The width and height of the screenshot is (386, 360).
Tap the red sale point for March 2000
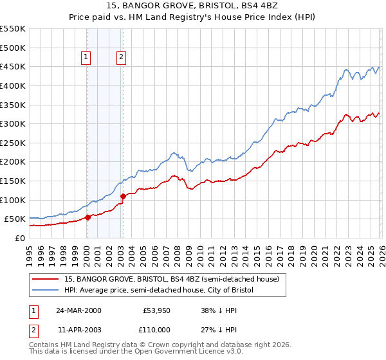pos(88,217)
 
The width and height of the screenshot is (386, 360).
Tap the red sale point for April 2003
pos(123,196)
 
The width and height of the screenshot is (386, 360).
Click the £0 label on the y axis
pos(19,238)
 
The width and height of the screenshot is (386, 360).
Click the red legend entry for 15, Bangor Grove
pos(171,280)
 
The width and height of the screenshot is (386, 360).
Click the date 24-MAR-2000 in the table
pos(78,310)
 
